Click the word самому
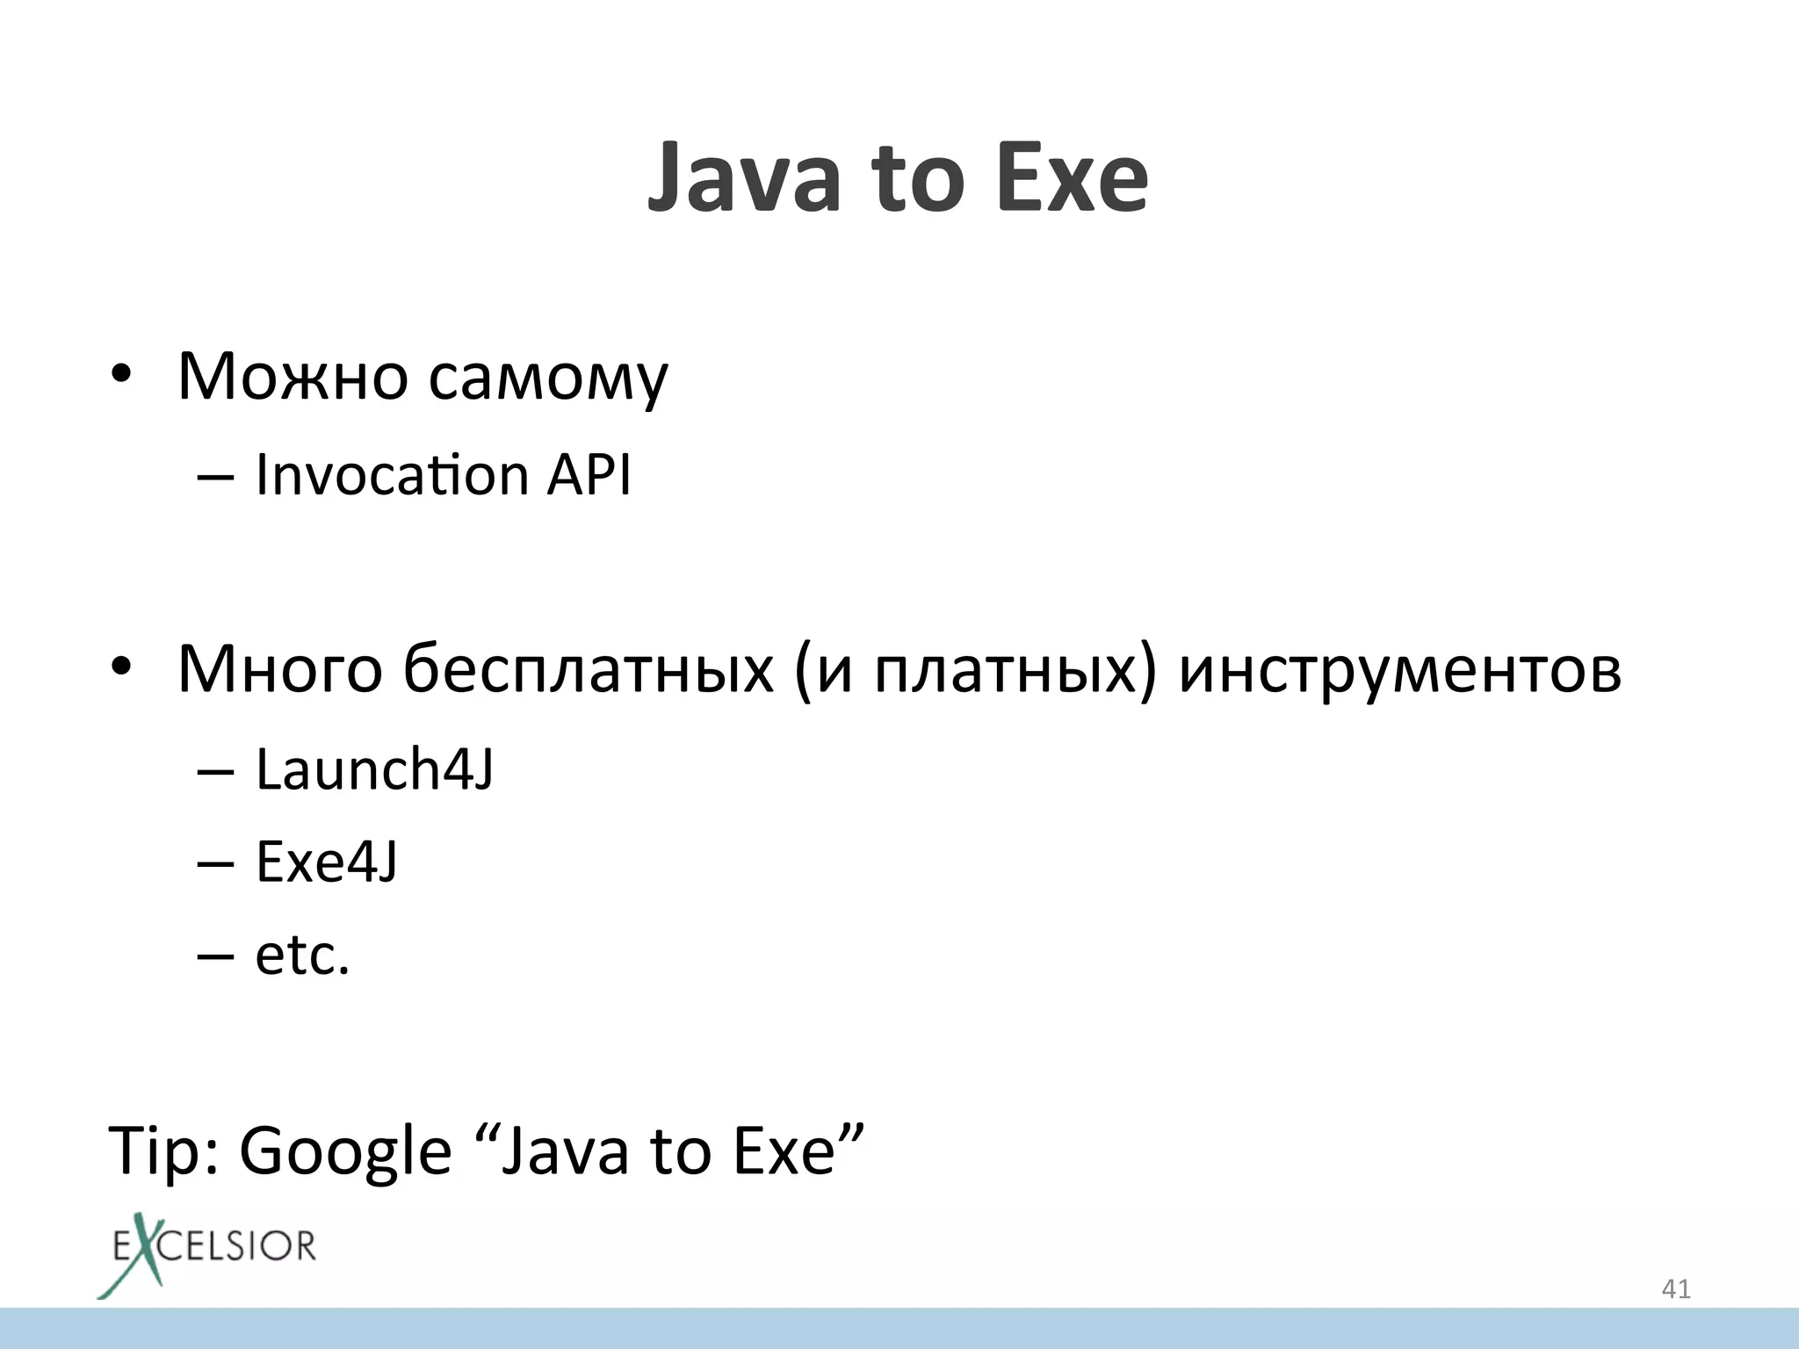pos(548,379)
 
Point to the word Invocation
pos(392,475)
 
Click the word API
pos(589,475)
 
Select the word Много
pos(279,670)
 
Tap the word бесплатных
pos(589,670)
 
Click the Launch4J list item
pos(374,770)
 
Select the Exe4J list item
pos(327,862)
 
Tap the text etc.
pos(302,955)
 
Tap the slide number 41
pos(1676,1289)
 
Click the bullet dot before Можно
pos(121,377)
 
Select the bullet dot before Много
pos(121,668)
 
